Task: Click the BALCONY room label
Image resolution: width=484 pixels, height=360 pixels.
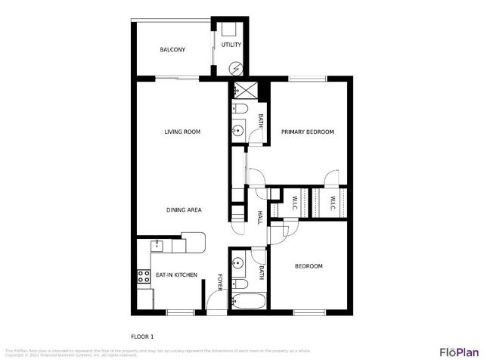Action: click(172, 50)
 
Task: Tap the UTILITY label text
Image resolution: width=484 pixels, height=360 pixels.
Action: click(231, 45)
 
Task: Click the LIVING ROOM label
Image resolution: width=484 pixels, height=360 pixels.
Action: click(182, 132)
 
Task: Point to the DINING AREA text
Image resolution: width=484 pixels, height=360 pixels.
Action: click(184, 209)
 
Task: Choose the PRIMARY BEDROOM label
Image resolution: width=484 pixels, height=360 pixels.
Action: click(308, 132)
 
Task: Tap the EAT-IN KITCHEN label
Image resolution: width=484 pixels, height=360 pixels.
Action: click(176, 275)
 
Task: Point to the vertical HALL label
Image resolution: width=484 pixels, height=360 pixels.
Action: click(259, 217)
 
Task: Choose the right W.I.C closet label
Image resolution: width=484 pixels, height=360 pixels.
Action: click(332, 202)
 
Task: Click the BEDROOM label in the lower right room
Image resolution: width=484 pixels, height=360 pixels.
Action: click(309, 266)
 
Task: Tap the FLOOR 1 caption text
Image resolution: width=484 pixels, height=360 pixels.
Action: click(142, 335)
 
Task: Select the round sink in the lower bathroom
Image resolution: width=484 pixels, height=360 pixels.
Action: click(239, 264)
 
